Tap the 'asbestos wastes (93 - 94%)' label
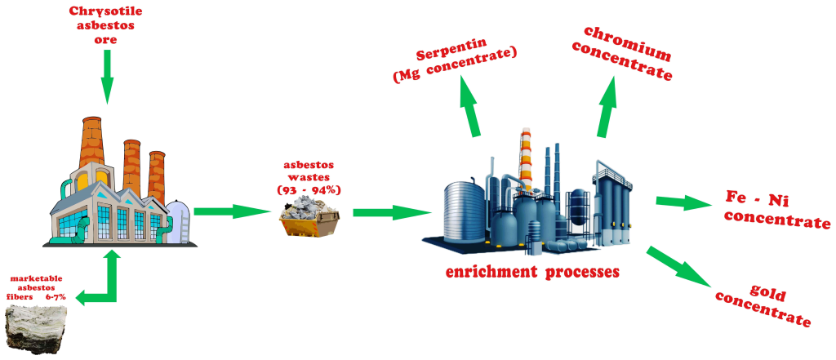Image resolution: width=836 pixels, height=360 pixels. point(309,177)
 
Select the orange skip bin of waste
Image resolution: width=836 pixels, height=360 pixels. point(309,219)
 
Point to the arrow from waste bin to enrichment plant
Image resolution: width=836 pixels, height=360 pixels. point(391,213)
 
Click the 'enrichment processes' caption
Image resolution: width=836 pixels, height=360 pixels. point(531,271)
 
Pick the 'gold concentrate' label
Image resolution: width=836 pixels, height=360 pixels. point(763,306)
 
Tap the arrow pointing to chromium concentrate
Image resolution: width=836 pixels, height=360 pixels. point(607,105)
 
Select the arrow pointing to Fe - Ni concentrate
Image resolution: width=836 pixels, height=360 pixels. point(684,202)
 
